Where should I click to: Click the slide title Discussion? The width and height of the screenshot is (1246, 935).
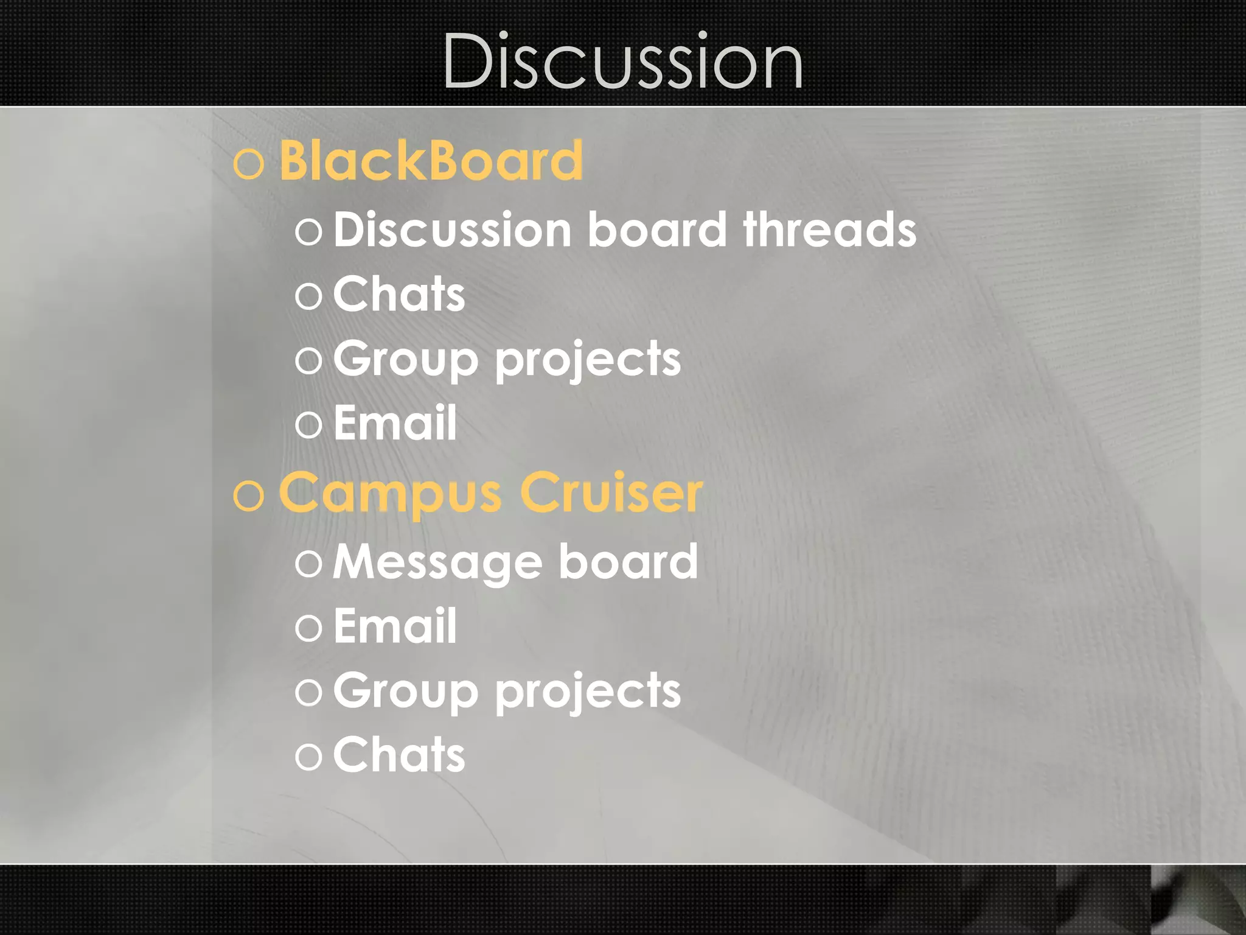point(622,61)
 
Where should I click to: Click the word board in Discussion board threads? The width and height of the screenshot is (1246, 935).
point(657,229)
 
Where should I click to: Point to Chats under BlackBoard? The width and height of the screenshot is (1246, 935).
point(399,294)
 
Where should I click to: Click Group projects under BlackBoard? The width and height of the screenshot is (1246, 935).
point(507,359)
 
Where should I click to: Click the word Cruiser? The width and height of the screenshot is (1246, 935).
point(611,492)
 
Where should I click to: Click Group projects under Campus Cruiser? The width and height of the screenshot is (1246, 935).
point(507,692)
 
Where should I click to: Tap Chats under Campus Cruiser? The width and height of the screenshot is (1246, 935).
point(399,755)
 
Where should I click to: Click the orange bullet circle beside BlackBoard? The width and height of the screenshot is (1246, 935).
point(249,164)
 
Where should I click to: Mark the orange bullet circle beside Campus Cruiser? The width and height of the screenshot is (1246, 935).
point(249,496)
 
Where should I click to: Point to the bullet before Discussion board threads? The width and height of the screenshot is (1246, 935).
point(308,232)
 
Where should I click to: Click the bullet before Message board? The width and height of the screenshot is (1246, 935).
point(308,564)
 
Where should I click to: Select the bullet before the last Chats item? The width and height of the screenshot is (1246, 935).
point(308,757)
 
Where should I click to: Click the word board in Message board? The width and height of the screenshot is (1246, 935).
point(628,562)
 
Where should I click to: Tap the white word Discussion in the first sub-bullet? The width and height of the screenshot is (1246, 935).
point(452,229)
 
